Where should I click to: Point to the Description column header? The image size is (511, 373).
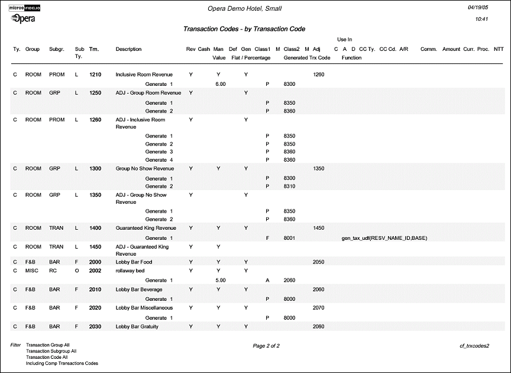coord(128,49)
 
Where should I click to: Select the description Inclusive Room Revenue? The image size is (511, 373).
coord(144,75)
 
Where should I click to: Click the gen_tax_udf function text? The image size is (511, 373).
coord(384,238)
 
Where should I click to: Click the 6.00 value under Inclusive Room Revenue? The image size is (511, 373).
coord(220,84)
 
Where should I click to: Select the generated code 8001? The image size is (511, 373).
coord(289,238)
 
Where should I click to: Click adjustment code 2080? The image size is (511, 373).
coord(318,326)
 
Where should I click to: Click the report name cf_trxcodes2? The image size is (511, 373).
coord(475,345)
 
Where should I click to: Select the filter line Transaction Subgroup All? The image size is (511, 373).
coord(51,351)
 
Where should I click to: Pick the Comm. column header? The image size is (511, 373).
coord(428,49)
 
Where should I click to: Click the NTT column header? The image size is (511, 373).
coord(498,49)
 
